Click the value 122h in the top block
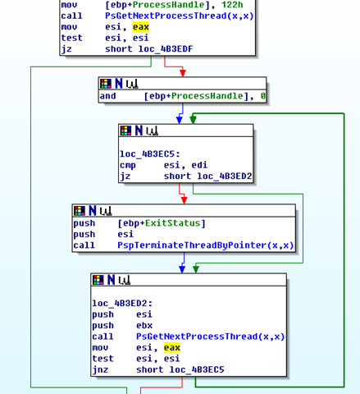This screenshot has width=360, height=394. point(232,5)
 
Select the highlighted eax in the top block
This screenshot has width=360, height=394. point(141,27)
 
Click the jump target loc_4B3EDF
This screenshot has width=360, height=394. point(166,49)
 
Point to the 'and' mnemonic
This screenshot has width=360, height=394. point(107,96)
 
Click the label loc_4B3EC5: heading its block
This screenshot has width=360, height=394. point(150,154)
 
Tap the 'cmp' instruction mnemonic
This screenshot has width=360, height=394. point(127,165)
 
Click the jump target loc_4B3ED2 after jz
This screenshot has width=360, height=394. point(225,176)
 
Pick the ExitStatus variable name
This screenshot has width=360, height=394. point(172,223)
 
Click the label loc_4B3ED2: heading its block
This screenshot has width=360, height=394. point(122,304)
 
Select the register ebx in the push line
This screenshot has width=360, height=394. point(144,326)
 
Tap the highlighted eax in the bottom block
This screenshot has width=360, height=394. point(172,348)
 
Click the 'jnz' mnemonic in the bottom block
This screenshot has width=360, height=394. point(100,370)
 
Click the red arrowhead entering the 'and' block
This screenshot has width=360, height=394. point(183,73)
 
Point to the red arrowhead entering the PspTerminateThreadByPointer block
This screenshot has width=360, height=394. point(184,200)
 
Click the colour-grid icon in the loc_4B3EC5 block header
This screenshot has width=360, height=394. point(126,131)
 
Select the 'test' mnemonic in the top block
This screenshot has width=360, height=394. point(71,38)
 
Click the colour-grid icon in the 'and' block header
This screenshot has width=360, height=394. point(106,84)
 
